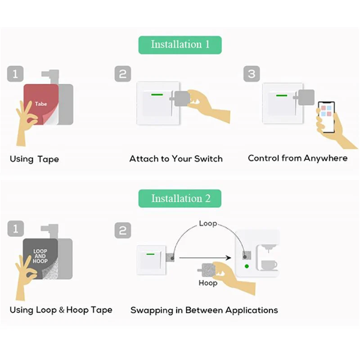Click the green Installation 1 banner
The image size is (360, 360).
(x=180, y=45)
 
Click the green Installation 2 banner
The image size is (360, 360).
(x=180, y=198)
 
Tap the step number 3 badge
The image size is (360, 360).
(x=252, y=74)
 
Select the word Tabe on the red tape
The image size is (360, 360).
(x=40, y=104)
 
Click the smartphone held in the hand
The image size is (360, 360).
(x=326, y=117)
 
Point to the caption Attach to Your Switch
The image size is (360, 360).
(x=176, y=158)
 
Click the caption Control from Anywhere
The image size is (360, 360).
(x=298, y=158)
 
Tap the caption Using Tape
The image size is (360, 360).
(x=34, y=159)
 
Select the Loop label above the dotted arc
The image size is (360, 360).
(x=208, y=224)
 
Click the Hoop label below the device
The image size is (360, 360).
(x=208, y=283)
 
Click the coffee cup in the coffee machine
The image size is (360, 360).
(x=269, y=265)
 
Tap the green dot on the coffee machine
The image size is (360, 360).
(x=247, y=266)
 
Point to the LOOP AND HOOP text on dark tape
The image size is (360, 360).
(x=40, y=256)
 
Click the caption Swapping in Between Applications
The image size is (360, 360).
(x=204, y=310)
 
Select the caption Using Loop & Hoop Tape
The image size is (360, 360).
(x=61, y=310)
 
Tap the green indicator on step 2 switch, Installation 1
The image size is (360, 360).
(x=157, y=94)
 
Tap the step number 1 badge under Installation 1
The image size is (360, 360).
(x=15, y=74)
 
